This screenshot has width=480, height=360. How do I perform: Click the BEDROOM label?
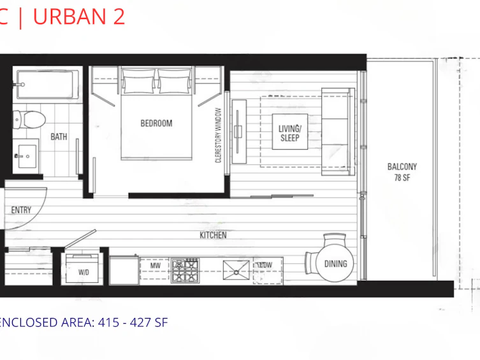tap(156, 123)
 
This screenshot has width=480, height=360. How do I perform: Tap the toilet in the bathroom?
tap(30, 119)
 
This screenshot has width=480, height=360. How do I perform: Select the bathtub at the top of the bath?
tap(47, 84)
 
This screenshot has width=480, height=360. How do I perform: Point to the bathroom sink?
tap(27, 156)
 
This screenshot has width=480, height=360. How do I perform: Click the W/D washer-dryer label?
tap(84, 272)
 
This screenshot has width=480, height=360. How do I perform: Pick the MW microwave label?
tap(155, 266)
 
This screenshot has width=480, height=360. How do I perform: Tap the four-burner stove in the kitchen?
tap(185, 270)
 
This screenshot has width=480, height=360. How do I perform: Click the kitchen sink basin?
tap(236, 270)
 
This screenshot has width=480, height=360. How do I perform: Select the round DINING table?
tap(335, 264)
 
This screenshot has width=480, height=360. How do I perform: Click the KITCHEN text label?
tap(213, 235)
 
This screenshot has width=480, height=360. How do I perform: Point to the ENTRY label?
tap(21, 210)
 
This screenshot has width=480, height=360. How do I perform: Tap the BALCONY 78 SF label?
tap(402, 172)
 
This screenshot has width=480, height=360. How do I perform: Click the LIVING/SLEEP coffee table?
tap(290, 131)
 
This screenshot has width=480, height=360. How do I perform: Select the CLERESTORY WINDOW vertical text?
tap(218, 135)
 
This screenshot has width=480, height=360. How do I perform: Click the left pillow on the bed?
tap(138, 82)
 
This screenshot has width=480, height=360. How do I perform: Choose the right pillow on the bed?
tap(175, 82)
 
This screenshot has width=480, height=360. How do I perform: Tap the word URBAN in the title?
tap(69, 17)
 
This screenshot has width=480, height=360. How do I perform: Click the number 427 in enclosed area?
tap(140, 322)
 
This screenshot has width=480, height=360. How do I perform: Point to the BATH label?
tap(59, 137)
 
